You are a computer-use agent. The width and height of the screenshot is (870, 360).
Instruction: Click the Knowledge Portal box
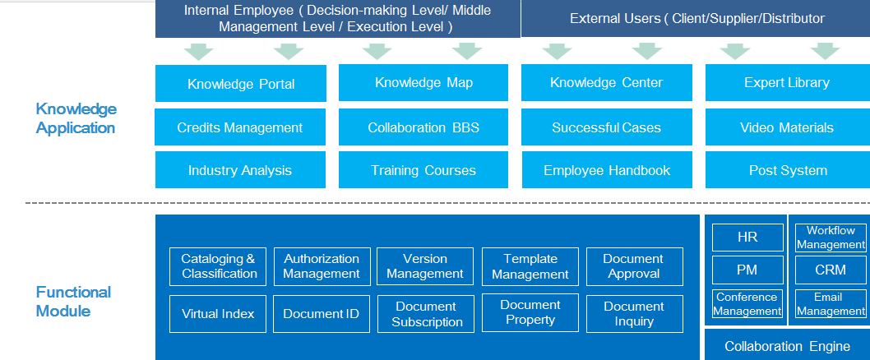[241, 84]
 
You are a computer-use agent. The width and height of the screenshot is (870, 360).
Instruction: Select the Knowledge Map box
[423, 83]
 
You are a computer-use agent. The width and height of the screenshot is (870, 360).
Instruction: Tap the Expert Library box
[787, 83]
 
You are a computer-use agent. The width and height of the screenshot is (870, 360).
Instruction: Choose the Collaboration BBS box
[423, 127]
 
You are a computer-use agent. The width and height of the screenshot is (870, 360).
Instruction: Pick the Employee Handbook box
[606, 170]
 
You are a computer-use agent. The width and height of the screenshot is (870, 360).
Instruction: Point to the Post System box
[787, 170]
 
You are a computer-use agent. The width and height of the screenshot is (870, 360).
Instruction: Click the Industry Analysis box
[240, 170]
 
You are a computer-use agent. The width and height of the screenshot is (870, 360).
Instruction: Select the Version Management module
[425, 266]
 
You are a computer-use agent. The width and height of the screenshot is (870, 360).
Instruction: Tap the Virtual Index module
[217, 314]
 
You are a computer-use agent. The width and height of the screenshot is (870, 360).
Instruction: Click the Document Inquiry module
[635, 314]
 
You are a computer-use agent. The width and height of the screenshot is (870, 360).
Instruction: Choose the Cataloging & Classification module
[217, 266]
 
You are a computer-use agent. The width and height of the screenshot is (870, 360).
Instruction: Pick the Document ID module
[322, 314]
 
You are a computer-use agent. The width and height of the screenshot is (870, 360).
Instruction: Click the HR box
[747, 238]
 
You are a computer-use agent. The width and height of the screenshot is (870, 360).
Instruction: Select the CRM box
[831, 270]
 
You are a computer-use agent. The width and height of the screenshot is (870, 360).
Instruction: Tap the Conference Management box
[747, 304]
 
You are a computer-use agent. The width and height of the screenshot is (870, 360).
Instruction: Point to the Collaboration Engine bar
[787, 346]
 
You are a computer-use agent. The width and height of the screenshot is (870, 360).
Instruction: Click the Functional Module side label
[73, 301]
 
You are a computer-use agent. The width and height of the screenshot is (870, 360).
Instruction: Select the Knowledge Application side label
[76, 118]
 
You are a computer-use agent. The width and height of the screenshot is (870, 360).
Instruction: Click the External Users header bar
[696, 18]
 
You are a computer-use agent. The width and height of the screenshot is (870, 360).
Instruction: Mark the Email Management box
[831, 304]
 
